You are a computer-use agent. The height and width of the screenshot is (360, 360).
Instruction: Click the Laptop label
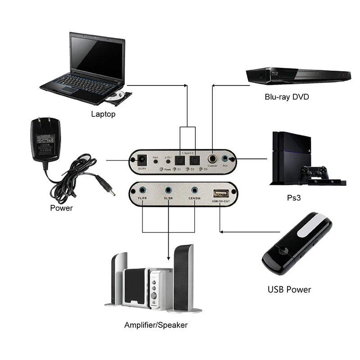coord(103,114)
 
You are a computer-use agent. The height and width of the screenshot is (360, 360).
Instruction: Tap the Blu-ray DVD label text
coord(287,97)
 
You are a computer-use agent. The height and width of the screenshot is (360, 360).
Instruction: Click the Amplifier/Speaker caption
coord(156,324)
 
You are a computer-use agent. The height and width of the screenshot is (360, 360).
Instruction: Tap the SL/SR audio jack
coord(168,191)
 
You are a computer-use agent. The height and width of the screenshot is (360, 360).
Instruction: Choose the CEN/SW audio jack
coord(195,191)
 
